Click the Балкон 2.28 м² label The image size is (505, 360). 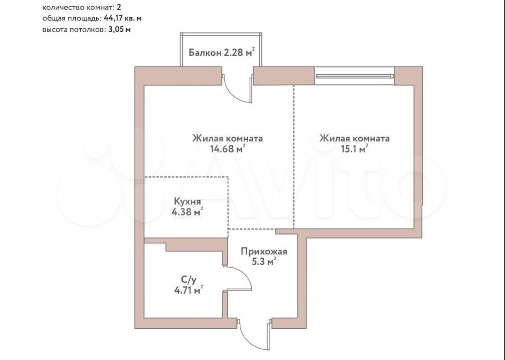pyautogui.click(x=222, y=52)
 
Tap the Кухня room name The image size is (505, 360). pyautogui.click(x=187, y=201)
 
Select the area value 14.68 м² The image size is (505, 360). pyautogui.click(x=228, y=149)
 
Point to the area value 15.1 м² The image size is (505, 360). pyautogui.click(x=354, y=149)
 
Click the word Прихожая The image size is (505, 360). pyautogui.click(x=264, y=251)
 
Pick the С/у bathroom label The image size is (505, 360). pyautogui.click(x=188, y=280)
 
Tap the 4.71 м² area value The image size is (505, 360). pyautogui.click(x=188, y=290)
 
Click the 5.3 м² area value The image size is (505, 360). pyautogui.click(x=264, y=262)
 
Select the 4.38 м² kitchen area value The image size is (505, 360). pyautogui.click(x=187, y=212)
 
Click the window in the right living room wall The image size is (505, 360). pyautogui.click(x=354, y=76)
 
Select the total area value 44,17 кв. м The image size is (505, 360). pyautogui.click(x=123, y=18)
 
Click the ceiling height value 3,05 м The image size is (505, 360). pyautogui.click(x=119, y=30)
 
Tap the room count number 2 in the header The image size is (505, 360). pyautogui.click(x=119, y=7)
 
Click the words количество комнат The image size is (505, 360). pyautogui.click(x=78, y=8)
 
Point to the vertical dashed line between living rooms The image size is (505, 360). pyautogui.click(x=294, y=157)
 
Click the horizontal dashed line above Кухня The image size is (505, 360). pyautogui.click(x=186, y=177)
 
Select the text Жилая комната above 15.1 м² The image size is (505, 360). pyautogui.click(x=354, y=138)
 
